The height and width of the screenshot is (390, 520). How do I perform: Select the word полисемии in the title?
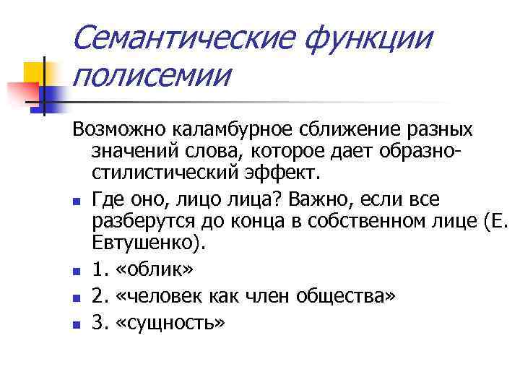(x=152, y=74)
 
